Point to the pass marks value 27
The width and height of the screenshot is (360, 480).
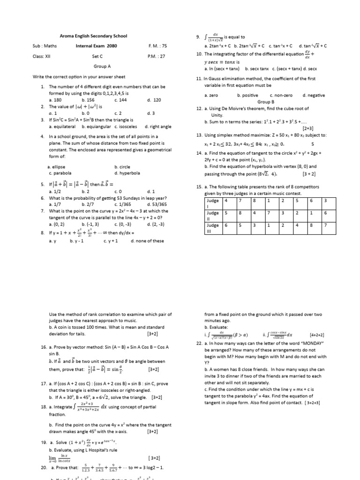click(160, 56)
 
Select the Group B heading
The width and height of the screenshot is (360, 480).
click(266, 102)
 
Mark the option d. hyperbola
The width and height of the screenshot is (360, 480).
click(127, 173)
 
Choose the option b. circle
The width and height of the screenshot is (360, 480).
click(122, 166)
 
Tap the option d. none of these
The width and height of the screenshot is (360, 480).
click(147, 241)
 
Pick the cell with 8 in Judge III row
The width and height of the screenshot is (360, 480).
click(312, 225)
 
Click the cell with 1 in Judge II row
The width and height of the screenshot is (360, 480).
click(312, 212)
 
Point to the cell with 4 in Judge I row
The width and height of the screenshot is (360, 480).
click(226, 201)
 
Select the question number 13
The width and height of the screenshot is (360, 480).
click(199, 135)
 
